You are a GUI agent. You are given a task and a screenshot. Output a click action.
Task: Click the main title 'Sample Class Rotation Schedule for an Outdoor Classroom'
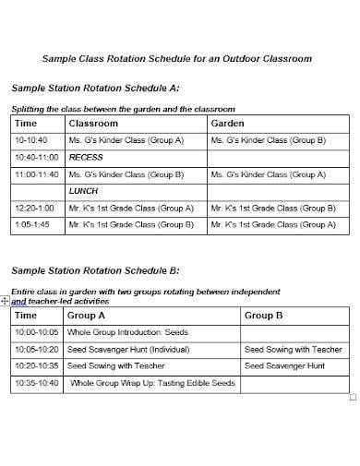[x=177, y=58]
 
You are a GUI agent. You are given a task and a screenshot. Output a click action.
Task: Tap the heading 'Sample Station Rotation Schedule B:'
[x=94, y=270]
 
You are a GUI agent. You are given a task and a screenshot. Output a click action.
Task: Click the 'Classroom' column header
[x=92, y=123]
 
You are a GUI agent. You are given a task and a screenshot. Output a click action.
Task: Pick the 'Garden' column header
[x=227, y=123]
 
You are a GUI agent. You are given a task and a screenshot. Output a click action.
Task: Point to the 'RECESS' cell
[x=86, y=158]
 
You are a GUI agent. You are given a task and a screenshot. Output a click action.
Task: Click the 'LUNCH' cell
[x=83, y=191]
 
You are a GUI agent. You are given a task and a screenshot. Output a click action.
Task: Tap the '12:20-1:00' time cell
[x=36, y=208]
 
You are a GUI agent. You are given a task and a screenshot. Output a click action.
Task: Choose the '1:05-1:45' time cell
[x=33, y=223]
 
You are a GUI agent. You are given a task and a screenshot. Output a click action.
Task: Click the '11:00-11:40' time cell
[x=37, y=173]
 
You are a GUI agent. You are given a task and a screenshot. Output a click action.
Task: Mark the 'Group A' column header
[x=88, y=316]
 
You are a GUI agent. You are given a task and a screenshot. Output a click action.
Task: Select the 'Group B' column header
[x=263, y=316]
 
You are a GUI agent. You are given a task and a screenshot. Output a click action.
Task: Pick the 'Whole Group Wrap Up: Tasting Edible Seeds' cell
[x=152, y=383]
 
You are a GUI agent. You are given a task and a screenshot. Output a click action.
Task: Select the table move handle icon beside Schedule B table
[x=6, y=301]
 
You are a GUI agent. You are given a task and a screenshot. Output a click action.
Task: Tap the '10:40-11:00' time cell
[x=37, y=158]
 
